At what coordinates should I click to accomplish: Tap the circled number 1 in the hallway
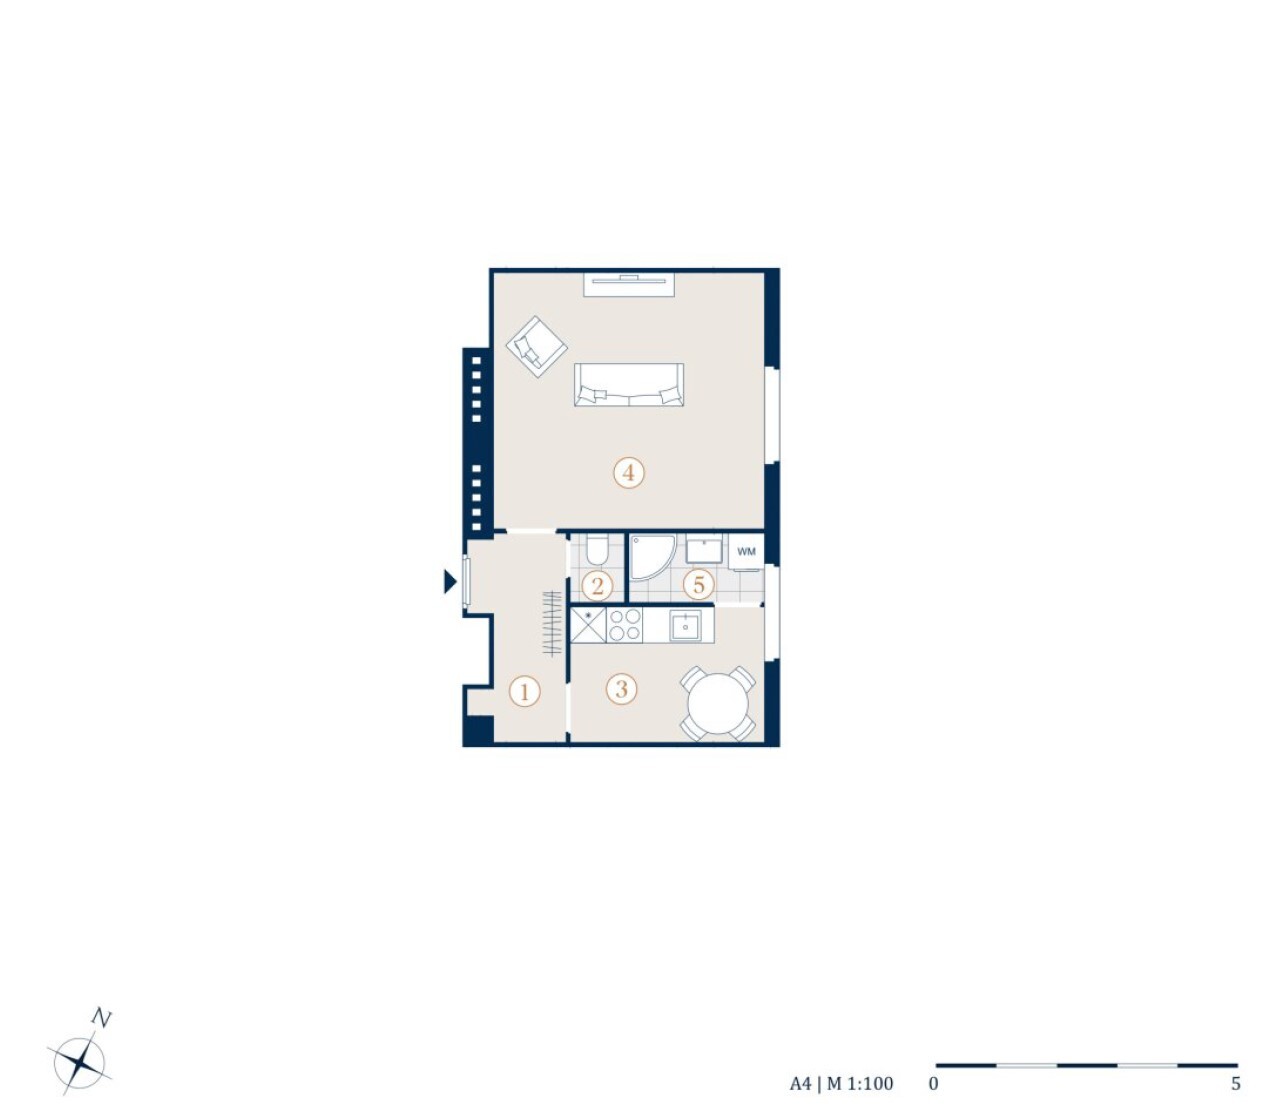(524, 692)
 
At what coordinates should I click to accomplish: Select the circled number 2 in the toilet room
(597, 586)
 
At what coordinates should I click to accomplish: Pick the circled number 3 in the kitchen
(621, 689)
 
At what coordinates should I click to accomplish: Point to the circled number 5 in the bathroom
(698, 584)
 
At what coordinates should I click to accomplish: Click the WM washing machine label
(746, 551)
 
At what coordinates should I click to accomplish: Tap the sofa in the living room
(629, 384)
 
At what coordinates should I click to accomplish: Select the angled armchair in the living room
(537, 346)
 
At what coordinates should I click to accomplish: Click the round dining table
(718, 703)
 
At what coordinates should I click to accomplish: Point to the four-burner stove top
(624, 625)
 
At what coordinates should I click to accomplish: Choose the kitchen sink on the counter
(685, 626)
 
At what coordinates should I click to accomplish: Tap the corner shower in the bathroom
(652, 556)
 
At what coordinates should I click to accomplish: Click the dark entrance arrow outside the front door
(450, 581)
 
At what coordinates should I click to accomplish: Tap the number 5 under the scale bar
(1236, 1083)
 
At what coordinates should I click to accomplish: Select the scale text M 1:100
(860, 1084)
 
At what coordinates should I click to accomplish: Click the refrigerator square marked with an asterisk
(588, 625)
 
